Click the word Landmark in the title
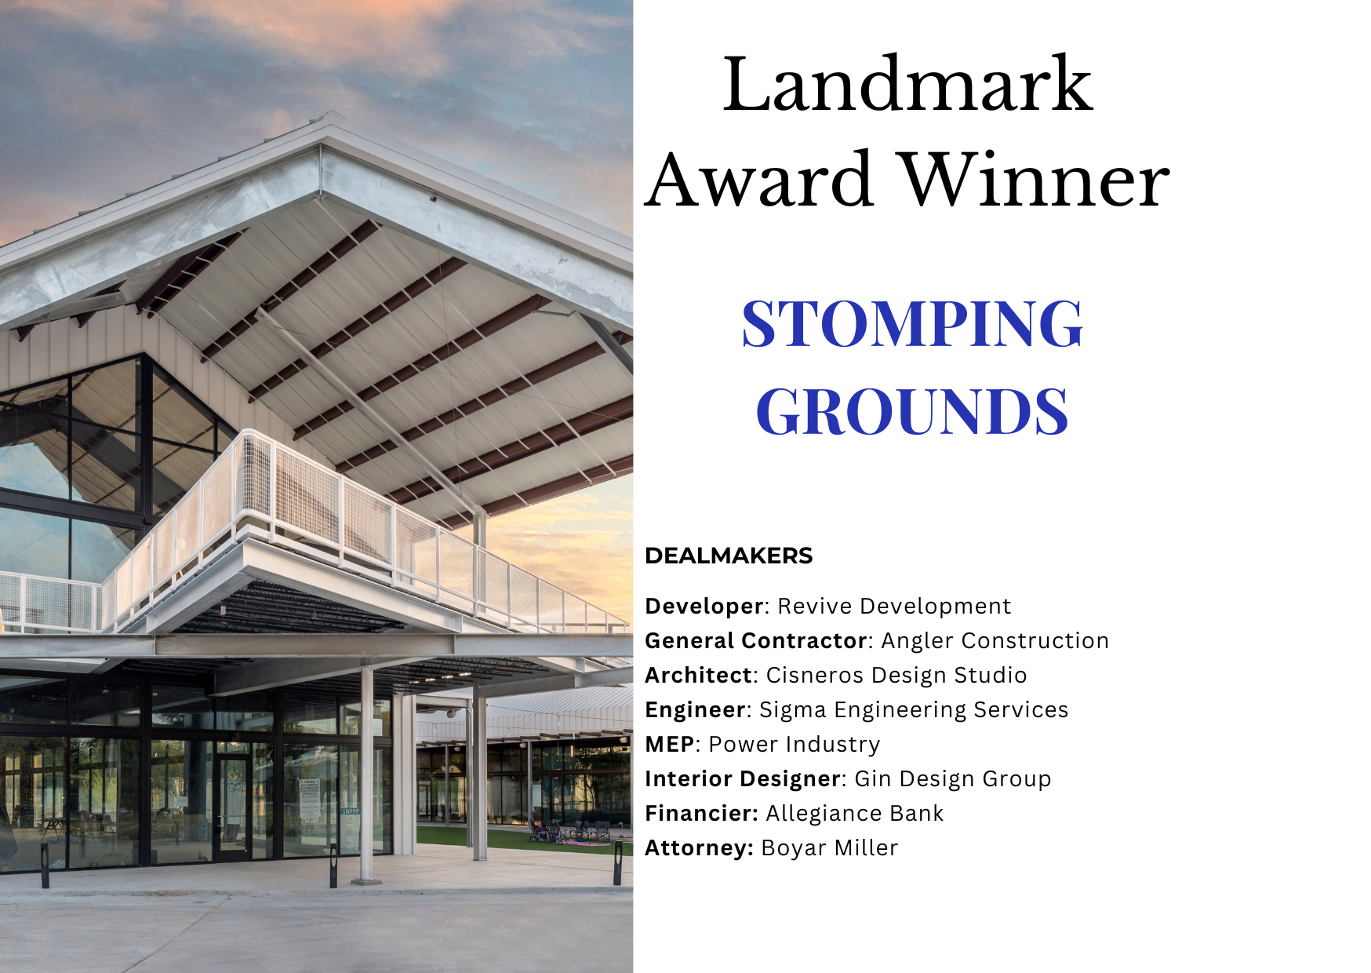click(907, 85)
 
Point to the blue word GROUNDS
click(912, 411)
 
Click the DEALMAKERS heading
click(729, 556)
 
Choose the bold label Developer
click(704, 607)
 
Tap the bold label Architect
click(698, 676)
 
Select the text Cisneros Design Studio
click(896, 676)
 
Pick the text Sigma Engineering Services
click(914, 710)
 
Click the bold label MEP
click(669, 745)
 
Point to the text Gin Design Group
click(952, 779)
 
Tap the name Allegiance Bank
click(854, 814)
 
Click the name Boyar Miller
click(829, 848)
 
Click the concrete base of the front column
click(366, 881)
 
